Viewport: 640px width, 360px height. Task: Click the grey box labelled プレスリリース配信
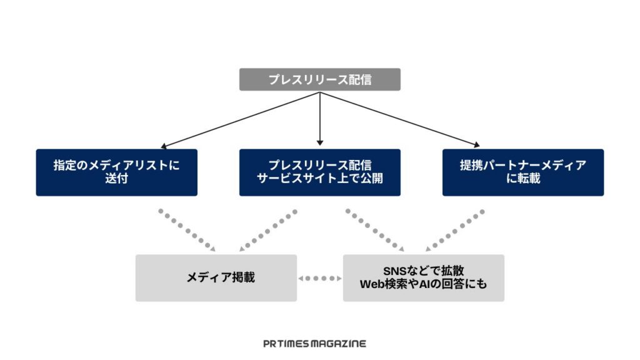tap(319, 79)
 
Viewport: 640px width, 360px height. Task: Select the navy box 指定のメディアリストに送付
tap(116, 172)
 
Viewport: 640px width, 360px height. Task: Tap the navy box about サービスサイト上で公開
tap(319, 172)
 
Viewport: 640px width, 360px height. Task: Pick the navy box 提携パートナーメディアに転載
tap(523, 172)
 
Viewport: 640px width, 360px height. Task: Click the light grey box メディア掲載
tap(216, 277)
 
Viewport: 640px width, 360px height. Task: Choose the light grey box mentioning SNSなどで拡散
tap(423, 277)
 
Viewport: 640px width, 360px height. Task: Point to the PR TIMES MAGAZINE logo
tap(314, 343)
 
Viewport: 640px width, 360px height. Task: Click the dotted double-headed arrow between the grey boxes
tap(319, 278)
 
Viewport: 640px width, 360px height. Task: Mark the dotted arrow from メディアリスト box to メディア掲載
tap(186, 230)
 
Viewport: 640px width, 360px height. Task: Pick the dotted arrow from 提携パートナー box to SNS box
tap(455, 230)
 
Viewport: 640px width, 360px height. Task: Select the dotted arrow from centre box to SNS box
tap(374, 230)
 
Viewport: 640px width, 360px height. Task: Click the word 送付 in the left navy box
tap(116, 179)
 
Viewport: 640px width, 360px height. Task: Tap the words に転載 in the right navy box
tap(523, 179)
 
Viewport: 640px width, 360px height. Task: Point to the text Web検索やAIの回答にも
tap(423, 284)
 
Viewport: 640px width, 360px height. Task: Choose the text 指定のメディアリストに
tap(116, 166)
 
